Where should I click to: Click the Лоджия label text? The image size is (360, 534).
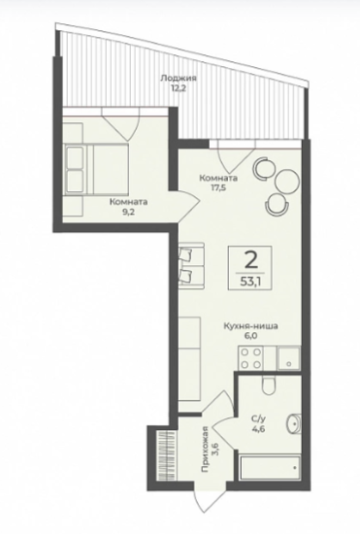179,79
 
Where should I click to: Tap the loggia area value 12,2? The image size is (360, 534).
179,88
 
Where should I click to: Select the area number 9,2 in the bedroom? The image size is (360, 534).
128,211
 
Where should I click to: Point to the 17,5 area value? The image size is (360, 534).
218,187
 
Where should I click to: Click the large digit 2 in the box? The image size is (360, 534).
250,261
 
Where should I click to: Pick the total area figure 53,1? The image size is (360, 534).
250,282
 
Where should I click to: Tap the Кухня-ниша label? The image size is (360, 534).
250,326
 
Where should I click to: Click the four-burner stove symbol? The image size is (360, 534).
251,358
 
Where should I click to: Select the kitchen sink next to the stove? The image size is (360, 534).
289,358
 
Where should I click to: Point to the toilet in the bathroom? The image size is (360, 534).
269,385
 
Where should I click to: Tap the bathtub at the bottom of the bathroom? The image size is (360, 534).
270,468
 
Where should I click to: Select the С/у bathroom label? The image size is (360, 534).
258,419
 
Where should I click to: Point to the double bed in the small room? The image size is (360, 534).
96,169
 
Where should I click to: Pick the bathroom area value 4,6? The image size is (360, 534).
258,429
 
